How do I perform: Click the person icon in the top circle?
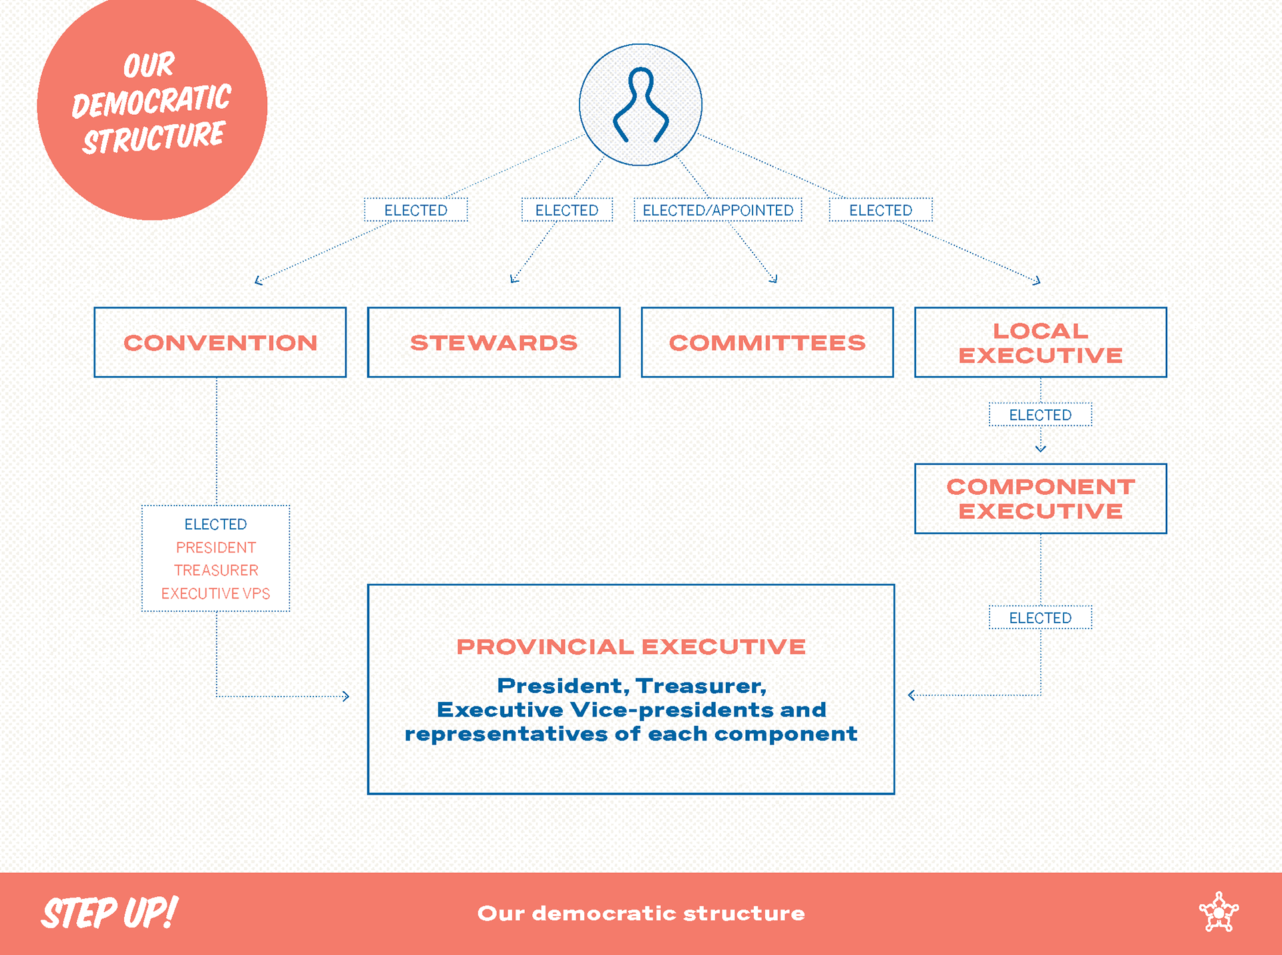point(640,105)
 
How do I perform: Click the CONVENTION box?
point(220,343)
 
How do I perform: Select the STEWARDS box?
point(493,343)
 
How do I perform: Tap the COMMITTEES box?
point(767,343)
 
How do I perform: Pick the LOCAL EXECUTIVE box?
point(1040,343)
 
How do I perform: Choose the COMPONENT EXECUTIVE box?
point(1040,499)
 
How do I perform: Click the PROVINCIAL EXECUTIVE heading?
point(631,646)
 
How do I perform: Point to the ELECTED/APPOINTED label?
point(718,210)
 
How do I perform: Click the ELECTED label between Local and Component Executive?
point(1040,415)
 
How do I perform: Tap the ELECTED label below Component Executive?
point(1040,618)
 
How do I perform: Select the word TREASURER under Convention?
point(216,570)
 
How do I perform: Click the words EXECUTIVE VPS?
point(216,594)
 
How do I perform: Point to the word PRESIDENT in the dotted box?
point(216,548)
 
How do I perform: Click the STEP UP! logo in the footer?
point(110,913)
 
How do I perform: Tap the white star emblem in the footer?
point(1219,912)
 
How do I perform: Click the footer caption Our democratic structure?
point(641,913)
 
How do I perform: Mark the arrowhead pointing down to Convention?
point(258,282)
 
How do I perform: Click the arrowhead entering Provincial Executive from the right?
point(911,695)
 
